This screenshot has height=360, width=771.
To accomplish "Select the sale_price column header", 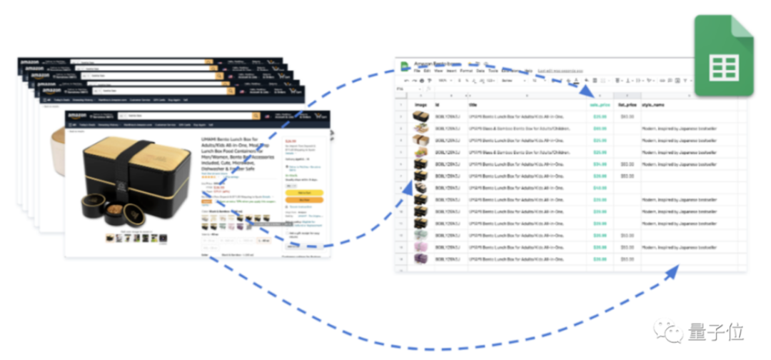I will [598, 105].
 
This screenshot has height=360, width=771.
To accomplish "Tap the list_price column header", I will [626, 105].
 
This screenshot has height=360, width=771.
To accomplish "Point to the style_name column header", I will [652, 105].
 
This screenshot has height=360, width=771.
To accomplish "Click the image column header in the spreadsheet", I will [420, 105].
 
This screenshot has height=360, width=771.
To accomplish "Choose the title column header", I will [473, 105].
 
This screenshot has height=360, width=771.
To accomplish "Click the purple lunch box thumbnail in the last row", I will [420, 259].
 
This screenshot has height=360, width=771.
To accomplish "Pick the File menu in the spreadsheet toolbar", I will [416, 71].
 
